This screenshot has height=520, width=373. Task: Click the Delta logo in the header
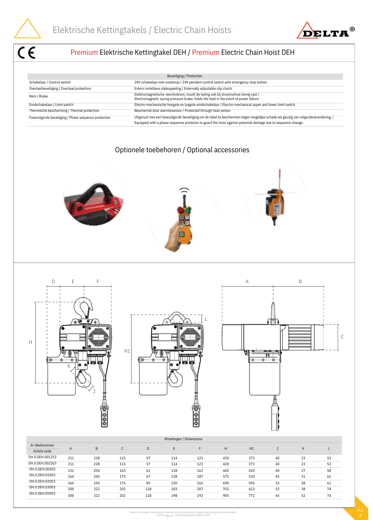(x=326, y=31)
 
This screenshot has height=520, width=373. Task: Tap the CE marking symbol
(x=27, y=53)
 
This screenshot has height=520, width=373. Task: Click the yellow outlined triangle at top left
(x=27, y=29)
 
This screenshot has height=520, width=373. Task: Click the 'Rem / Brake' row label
(x=39, y=96)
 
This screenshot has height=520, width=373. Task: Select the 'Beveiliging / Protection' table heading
(x=184, y=76)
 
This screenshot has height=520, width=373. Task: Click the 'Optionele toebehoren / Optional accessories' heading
(x=182, y=150)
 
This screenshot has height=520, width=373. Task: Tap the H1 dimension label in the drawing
(x=127, y=351)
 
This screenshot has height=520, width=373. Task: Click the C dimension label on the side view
(x=342, y=337)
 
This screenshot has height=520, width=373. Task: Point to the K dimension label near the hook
(x=69, y=366)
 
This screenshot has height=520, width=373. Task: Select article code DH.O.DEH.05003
(x=42, y=494)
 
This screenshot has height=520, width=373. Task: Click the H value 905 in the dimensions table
(x=226, y=496)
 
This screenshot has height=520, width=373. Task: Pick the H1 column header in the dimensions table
(x=251, y=449)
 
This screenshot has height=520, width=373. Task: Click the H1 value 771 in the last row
(x=251, y=496)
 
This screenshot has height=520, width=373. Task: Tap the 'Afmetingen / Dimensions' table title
(x=183, y=439)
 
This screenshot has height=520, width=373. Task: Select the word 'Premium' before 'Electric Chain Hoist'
(x=205, y=53)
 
